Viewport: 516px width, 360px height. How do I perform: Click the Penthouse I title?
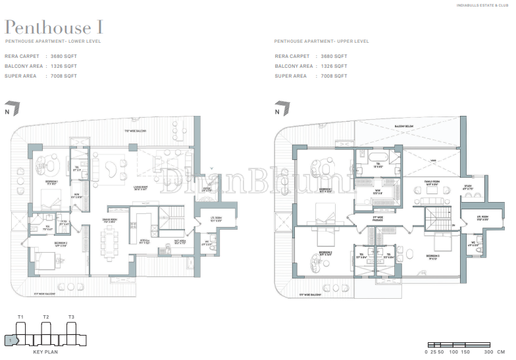click(54, 28)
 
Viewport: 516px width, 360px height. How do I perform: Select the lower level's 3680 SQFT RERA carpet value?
click(63, 57)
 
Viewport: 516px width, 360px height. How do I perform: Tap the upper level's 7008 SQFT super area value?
click(334, 76)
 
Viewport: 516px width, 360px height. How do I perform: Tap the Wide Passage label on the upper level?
click(378, 218)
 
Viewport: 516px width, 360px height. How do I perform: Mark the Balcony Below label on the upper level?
click(385, 124)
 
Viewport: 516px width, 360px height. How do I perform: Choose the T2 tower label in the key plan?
click(46, 318)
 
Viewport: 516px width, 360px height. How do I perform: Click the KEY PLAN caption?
click(46, 352)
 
